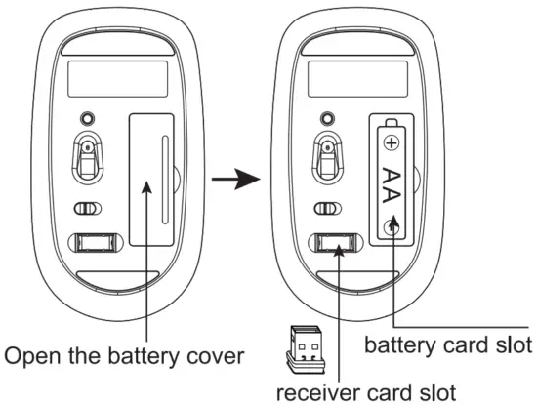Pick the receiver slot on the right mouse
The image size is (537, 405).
point(333,244)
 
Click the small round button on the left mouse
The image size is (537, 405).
point(89,116)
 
